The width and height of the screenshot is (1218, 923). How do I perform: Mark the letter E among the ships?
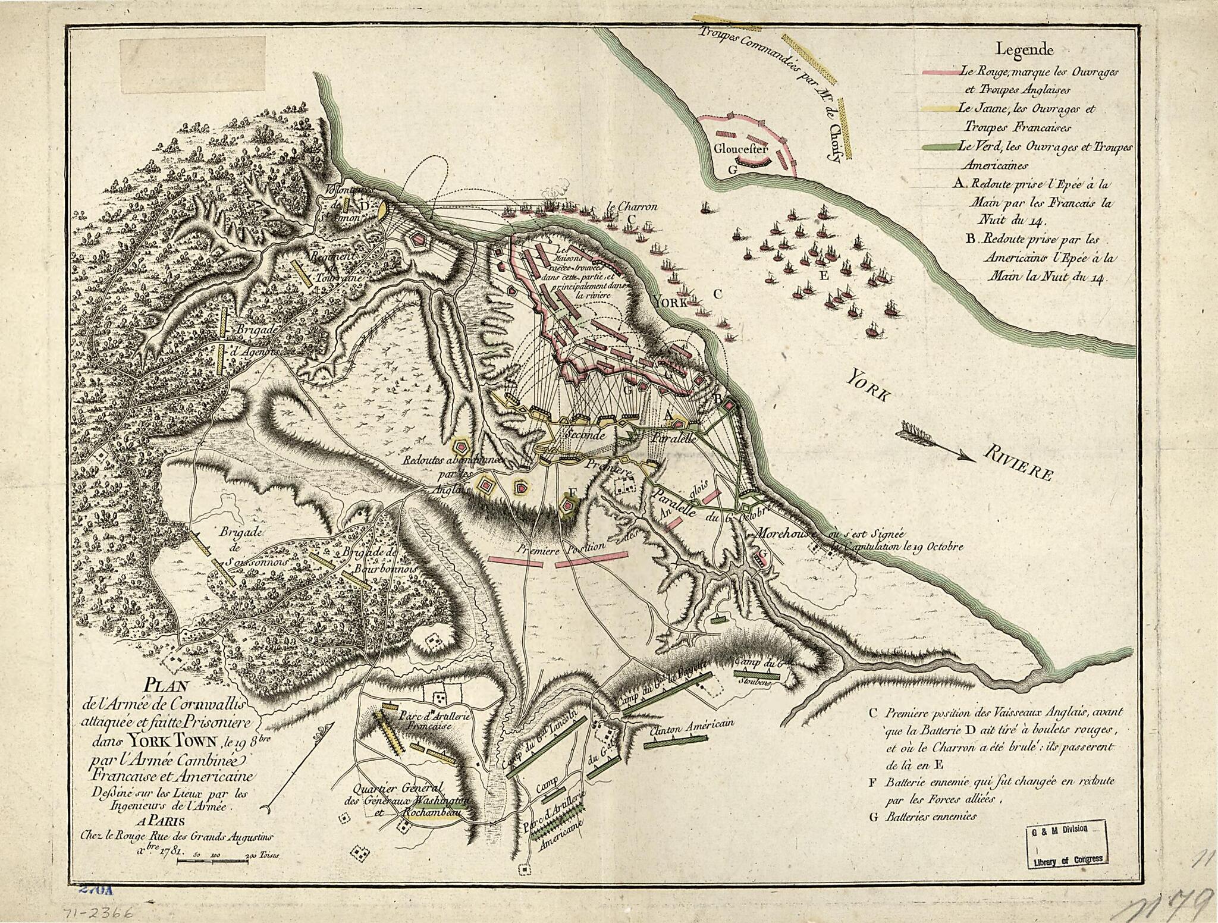(x=823, y=276)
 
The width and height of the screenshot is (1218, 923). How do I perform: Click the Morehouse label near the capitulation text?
(x=783, y=534)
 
